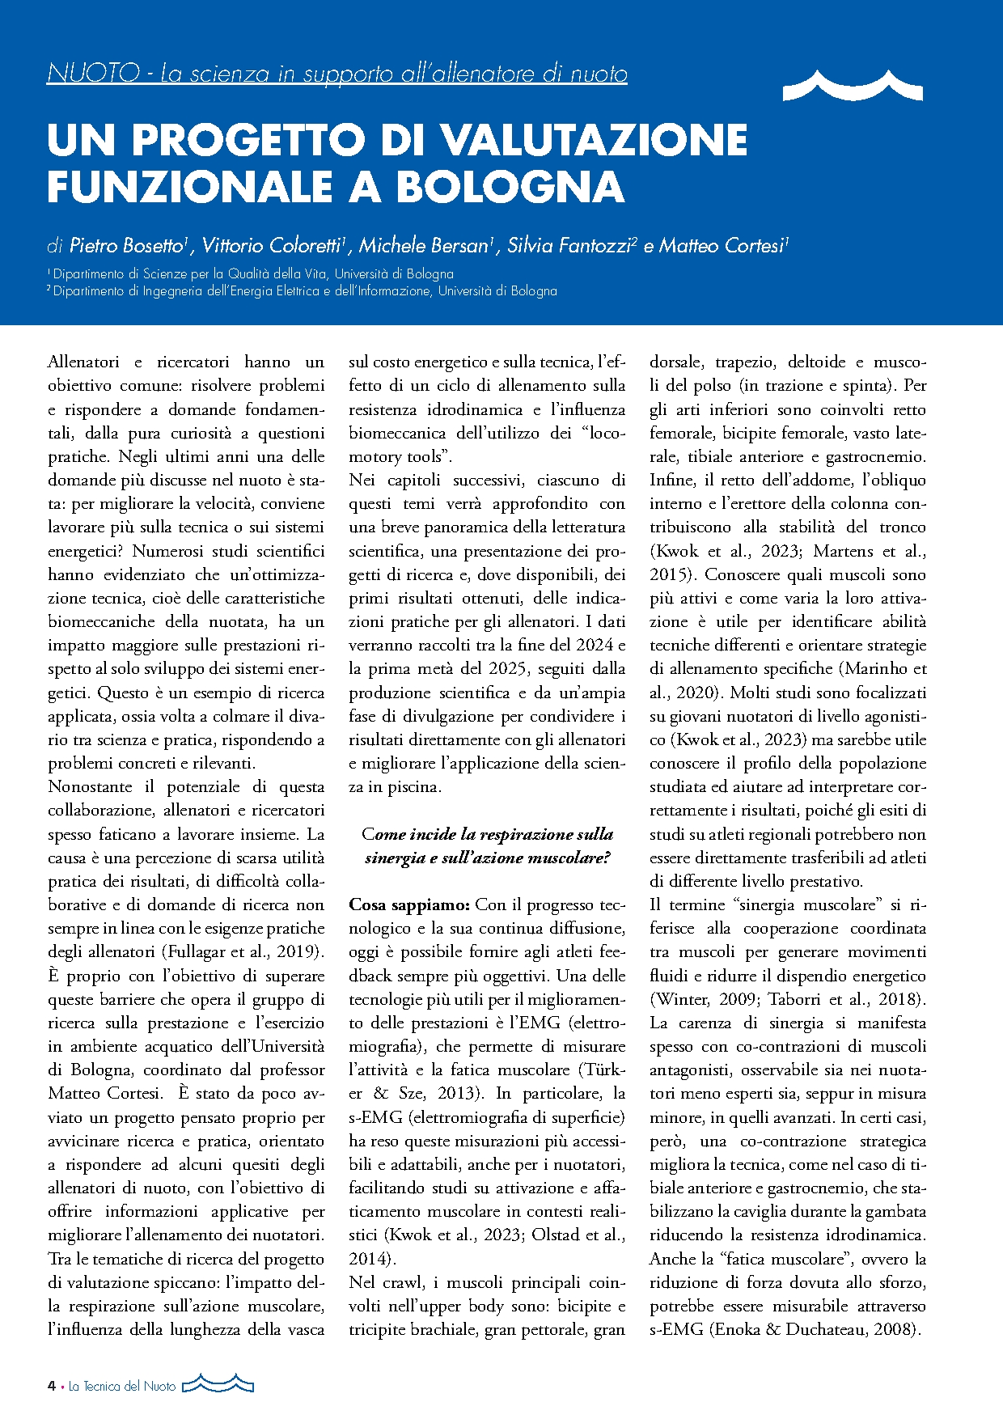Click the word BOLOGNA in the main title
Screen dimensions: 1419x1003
[x=510, y=186]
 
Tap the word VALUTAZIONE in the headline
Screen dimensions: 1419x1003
[x=595, y=139]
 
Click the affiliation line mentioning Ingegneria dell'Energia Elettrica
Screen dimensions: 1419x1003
[x=304, y=290]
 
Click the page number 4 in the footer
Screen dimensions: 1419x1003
[x=52, y=1386]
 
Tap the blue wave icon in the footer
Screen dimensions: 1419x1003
[x=218, y=1384]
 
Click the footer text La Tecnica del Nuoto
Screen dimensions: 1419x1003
[x=122, y=1386]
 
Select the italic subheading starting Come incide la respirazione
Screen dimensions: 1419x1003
[x=487, y=845]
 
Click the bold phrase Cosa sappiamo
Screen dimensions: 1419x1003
[x=409, y=904]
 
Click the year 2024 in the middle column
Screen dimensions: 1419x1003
[x=595, y=645]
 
